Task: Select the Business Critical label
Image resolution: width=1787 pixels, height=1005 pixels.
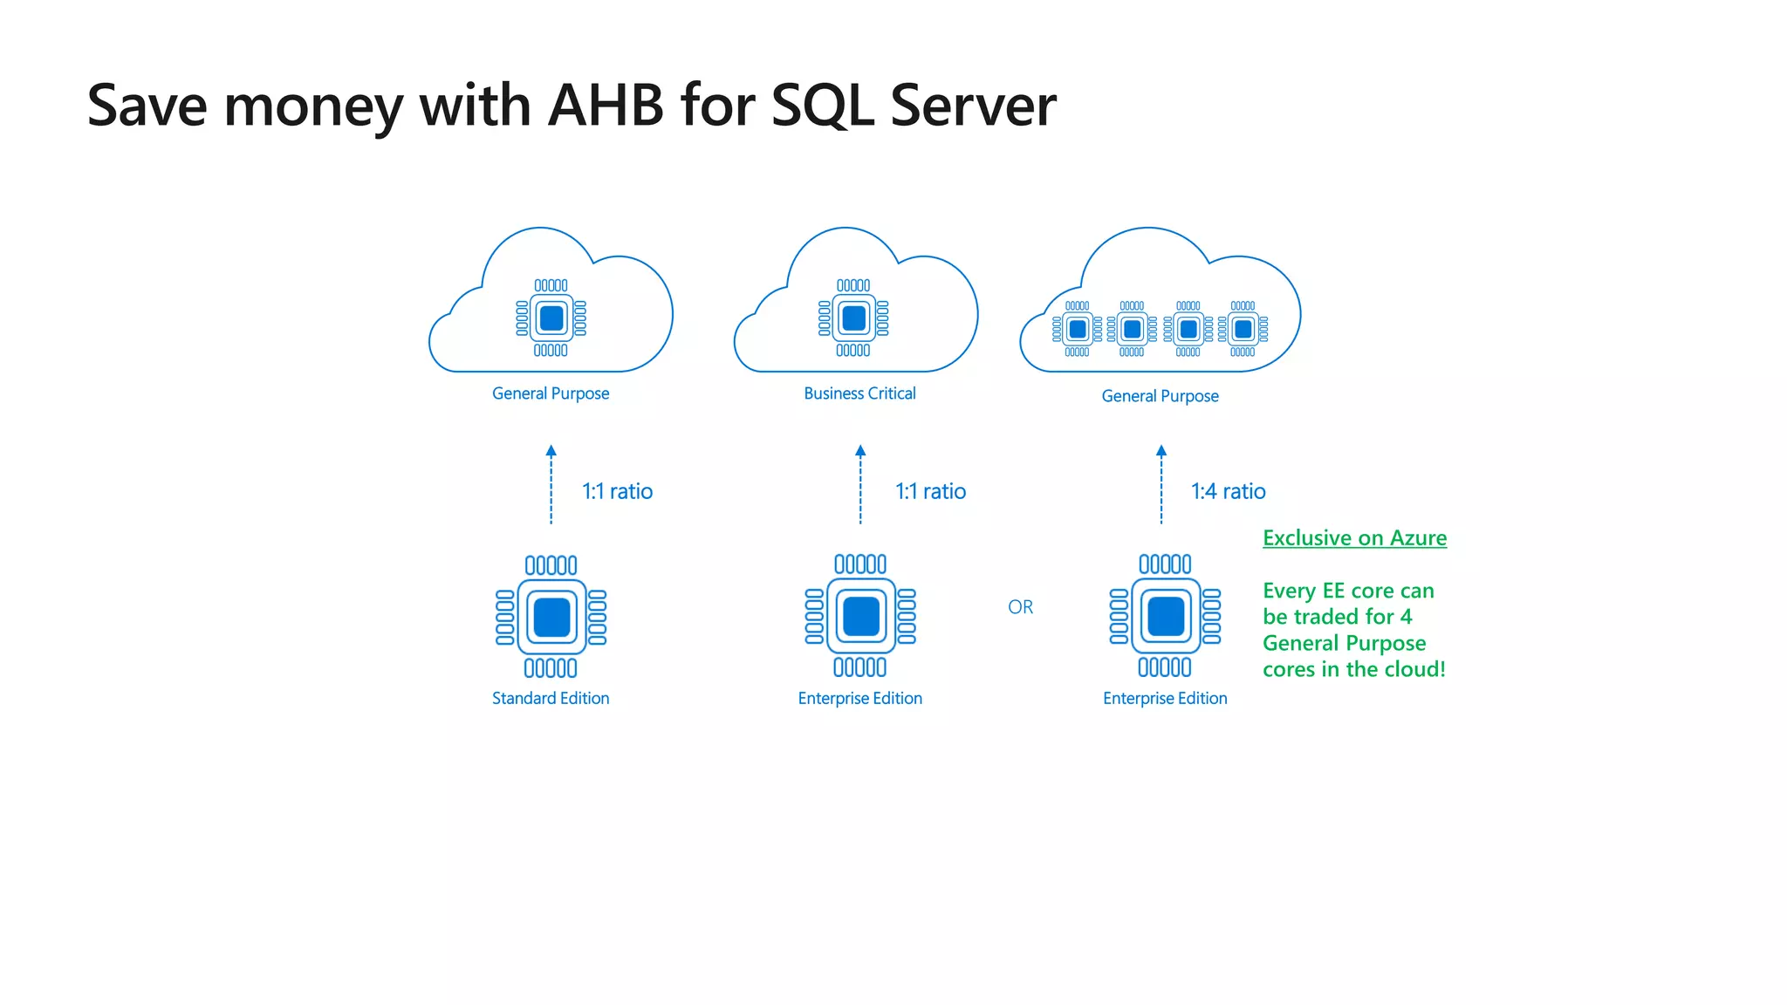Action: click(859, 393)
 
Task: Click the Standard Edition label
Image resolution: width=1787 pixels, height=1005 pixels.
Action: click(551, 698)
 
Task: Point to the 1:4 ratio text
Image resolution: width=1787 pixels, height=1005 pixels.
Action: click(1228, 491)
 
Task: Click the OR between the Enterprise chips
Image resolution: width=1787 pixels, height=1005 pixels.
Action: click(1020, 607)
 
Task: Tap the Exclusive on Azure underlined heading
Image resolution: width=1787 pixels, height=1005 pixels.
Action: click(1354, 538)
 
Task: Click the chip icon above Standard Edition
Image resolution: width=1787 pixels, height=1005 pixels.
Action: click(551, 617)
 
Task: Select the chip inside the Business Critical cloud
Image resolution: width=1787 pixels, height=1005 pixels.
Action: click(853, 318)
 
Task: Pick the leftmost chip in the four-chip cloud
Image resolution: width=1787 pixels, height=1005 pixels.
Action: click(1077, 329)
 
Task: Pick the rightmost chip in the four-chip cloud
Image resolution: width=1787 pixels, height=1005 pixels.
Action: click(1243, 329)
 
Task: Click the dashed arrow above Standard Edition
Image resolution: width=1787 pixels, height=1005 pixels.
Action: click(551, 485)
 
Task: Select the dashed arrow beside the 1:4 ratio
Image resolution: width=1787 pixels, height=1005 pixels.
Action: click(1161, 485)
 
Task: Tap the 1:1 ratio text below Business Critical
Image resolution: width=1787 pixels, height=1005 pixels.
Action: click(930, 491)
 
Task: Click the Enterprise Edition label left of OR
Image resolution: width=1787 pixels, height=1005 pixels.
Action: click(859, 698)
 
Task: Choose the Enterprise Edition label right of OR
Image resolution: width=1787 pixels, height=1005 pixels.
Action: click(1165, 698)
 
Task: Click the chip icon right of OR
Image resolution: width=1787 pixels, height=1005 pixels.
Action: click(1165, 616)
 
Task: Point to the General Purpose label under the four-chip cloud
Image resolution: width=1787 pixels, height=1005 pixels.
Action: click(1160, 396)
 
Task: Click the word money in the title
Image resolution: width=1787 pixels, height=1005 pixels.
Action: click(313, 106)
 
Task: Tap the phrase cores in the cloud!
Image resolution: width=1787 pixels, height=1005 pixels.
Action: click(1353, 669)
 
